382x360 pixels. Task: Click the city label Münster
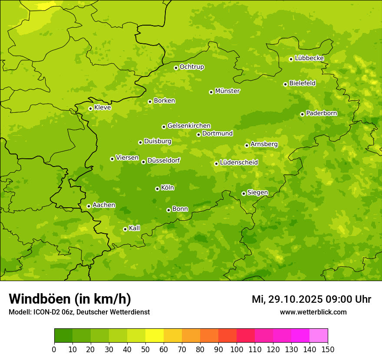click(227, 91)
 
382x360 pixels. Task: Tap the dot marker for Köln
click(157, 189)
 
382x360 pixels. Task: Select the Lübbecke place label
click(309, 58)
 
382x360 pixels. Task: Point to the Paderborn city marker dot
click(303, 114)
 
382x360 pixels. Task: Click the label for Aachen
click(104, 205)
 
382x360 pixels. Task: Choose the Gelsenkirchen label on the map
click(189, 126)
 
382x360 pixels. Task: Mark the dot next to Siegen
click(244, 193)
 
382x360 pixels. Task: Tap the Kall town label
click(135, 228)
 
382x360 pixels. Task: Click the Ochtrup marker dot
click(176, 68)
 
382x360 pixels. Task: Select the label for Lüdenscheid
click(239, 163)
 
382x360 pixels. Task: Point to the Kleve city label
click(102, 108)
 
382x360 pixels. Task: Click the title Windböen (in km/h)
click(70, 299)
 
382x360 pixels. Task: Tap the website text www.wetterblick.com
click(313, 312)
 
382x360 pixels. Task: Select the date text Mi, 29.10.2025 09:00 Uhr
click(311, 299)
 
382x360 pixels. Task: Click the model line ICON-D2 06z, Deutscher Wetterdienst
click(79, 312)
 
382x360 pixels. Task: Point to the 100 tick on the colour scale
click(237, 349)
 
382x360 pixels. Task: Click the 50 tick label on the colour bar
click(145, 349)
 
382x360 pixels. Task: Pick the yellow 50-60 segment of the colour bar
click(155, 335)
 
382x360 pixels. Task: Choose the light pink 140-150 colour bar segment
click(319, 335)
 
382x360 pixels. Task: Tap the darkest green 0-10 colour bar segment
click(63, 335)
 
